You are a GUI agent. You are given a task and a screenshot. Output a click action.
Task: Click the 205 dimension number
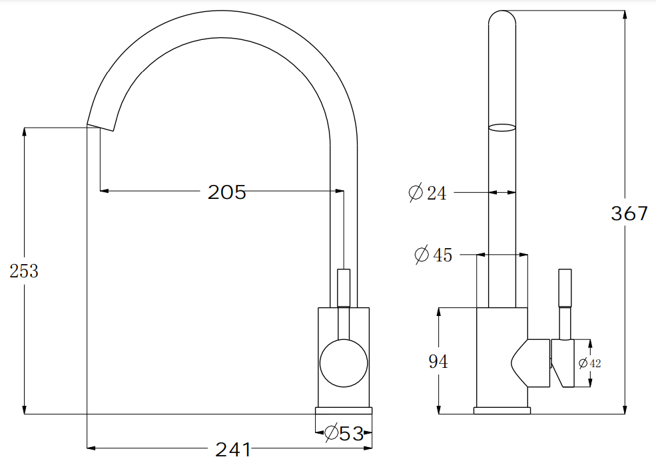[x=227, y=192]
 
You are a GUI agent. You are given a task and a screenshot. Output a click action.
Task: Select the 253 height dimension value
[x=24, y=271]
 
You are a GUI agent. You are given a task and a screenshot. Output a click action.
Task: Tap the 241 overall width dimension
[x=232, y=450]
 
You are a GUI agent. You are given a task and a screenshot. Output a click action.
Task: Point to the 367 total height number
[x=629, y=214]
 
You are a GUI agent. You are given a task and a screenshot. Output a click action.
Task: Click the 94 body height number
[x=438, y=361]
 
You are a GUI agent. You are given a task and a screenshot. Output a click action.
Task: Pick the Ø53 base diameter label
[x=344, y=434]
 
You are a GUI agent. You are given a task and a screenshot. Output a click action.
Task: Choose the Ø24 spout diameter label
[x=427, y=193]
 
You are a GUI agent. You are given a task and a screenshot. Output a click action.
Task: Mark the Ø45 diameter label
[x=433, y=255]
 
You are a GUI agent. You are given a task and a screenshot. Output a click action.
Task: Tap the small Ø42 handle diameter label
[x=590, y=363]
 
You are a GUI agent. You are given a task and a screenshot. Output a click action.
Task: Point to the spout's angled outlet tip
[x=101, y=126]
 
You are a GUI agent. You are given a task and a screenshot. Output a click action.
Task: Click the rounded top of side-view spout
[x=502, y=16]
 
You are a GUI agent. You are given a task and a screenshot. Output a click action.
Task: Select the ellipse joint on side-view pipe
[x=502, y=127]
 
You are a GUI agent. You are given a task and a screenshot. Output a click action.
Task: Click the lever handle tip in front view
[x=344, y=273]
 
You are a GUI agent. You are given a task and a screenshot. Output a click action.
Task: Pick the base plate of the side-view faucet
[x=502, y=410]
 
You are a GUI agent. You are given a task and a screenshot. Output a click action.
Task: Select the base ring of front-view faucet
[x=344, y=410]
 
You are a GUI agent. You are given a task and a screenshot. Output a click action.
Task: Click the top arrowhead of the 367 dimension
[x=625, y=15]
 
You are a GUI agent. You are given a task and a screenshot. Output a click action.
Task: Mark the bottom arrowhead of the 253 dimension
[x=25, y=409]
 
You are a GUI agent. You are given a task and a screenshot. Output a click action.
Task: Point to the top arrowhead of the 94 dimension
[x=439, y=313]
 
